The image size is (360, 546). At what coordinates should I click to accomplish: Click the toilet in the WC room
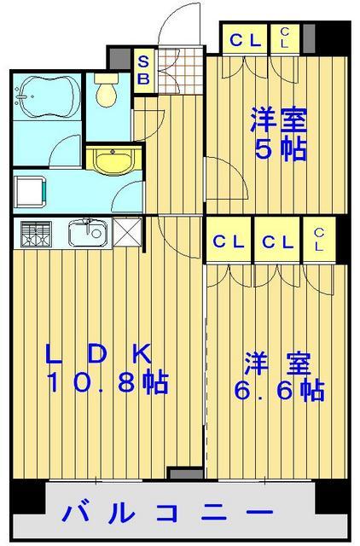[106, 90]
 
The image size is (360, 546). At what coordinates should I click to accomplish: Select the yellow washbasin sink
[113, 161]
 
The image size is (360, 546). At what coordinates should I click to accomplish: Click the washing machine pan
[30, 191]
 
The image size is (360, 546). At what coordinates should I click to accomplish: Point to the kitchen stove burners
[36, 234]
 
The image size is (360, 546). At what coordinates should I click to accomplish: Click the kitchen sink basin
[87, 233]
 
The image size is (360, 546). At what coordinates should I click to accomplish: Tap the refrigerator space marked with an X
[127, 231]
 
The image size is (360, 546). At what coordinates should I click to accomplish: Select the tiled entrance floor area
[180, 71]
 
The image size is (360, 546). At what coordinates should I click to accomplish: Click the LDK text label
[99, 353]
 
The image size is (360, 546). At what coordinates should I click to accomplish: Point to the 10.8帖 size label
[108, 382]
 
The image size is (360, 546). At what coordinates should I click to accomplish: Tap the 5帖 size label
[281, 150]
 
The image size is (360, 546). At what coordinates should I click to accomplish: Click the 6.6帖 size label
[280, 390]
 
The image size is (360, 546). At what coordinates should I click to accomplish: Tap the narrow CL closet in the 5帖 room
[285, 38]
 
